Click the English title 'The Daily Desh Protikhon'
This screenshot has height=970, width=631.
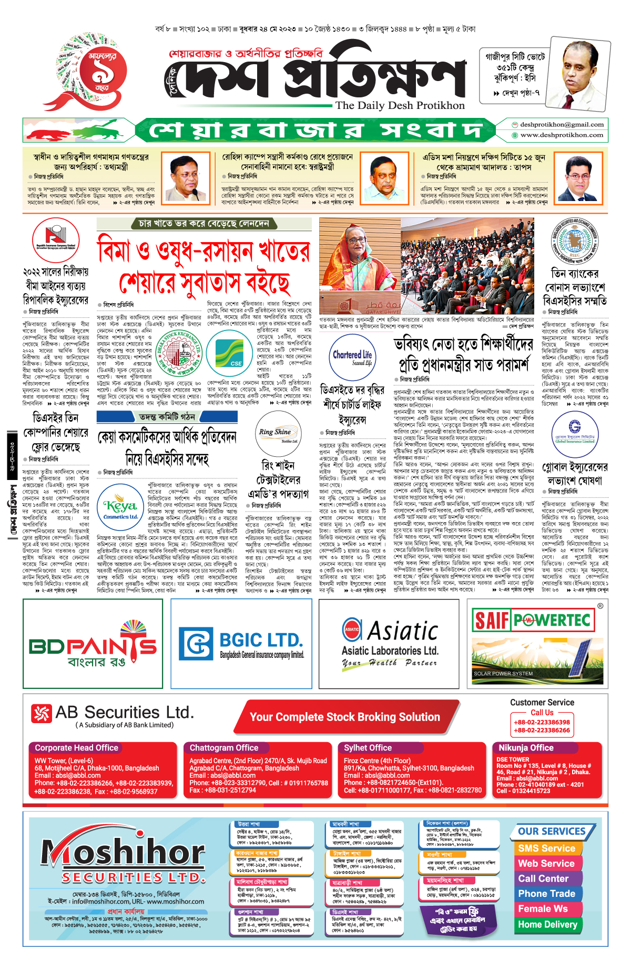(400, 105)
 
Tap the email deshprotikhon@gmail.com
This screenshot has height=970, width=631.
(562, 125)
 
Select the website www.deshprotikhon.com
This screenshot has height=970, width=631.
(562, 135)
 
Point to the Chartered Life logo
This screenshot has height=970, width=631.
(352, 358)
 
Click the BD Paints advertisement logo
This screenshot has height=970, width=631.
(93, 645)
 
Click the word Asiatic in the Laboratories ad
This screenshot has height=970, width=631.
(402, 631)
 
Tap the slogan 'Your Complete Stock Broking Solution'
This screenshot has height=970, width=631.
(344, 717)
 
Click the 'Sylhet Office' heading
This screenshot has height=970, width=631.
(368, 748)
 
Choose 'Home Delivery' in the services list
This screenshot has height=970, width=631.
(547, 925)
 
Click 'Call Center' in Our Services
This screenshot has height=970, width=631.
(543, 879)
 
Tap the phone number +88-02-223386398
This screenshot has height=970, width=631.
(542, 723)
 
